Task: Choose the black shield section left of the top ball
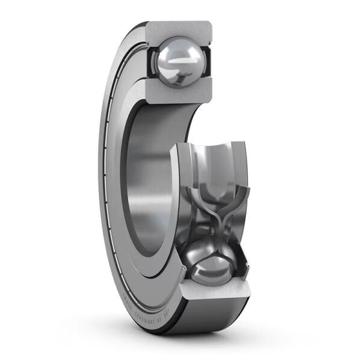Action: tap(150, 60)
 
